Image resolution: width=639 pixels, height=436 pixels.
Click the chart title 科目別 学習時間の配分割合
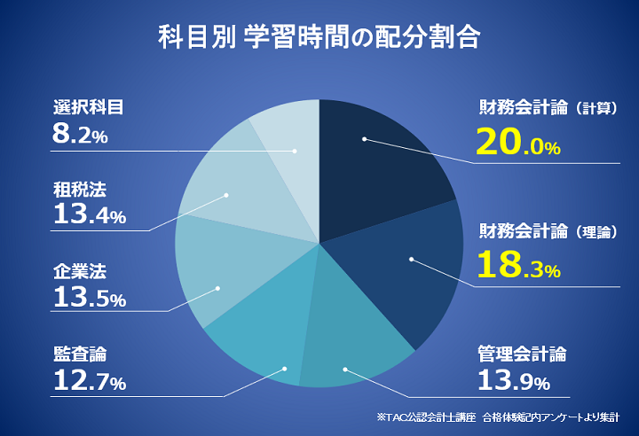pos(319,39)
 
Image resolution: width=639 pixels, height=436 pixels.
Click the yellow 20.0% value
pos(517,144)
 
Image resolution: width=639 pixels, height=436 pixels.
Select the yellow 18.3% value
pos(517,266)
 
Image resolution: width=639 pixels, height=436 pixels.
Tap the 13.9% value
pos(513,383)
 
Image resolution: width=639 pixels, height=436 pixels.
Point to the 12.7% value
pos(89,383)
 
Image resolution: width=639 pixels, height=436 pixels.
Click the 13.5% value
pos(89,298)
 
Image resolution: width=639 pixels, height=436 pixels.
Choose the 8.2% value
pos(80,136)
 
